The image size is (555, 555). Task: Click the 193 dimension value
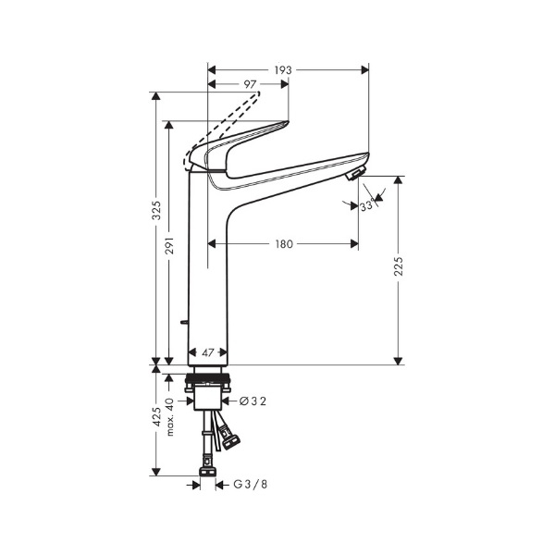[x=283, y=70]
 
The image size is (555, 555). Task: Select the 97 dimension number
[x=250, y=84]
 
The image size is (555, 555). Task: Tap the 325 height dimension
[x=156, y=210]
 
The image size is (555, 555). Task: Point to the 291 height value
[x=170, y=245]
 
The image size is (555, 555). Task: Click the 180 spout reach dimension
[x=284, y=244]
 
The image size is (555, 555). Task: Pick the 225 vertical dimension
[x=399, y=266]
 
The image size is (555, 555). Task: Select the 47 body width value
[x=208, y=352]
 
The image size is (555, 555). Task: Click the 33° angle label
[x=367, y=205]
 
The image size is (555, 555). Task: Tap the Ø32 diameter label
[x=253, y=401]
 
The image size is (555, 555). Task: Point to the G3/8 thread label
[x=251, y=484]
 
